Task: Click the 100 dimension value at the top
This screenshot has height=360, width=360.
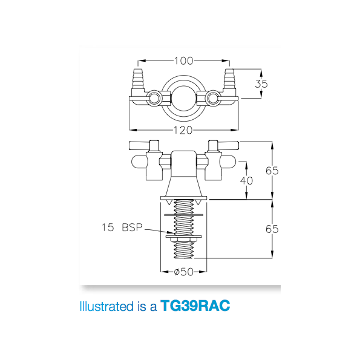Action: click(x=184, y=61)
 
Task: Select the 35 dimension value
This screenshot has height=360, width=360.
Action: click(x=261, y=84)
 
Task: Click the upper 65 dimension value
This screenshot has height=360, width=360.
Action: click(x=272, y=171)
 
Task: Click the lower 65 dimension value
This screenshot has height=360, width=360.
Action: click(x=272, y=229)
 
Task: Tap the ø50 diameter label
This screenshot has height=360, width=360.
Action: click(x=183, y=272)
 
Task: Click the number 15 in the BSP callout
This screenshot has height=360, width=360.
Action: click(x=108, y=228)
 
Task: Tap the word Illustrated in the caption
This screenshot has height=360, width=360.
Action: click(x=102, y=306)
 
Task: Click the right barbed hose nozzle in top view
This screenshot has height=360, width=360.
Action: click(x=229, y=81)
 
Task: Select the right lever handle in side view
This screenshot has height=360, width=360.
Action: click(x=224, y=145)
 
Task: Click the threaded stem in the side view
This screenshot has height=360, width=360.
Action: click(x=183, y=218)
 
